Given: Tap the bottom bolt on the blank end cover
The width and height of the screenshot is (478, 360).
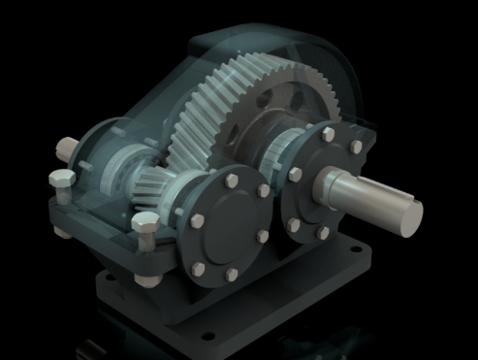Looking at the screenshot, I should (x=231, y=276).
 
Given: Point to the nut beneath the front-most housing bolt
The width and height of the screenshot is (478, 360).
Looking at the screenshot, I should (x=147, y=280).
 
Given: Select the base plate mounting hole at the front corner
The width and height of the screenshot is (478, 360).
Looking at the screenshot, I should (x=207, y=337).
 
